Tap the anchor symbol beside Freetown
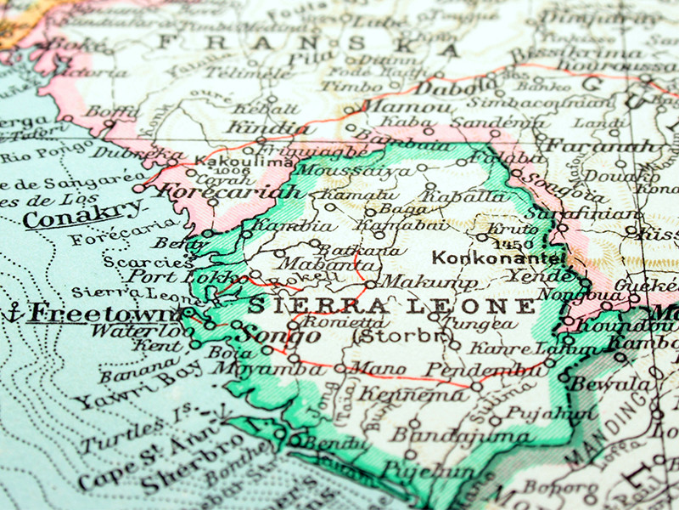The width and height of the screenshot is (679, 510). pos(13,313)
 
